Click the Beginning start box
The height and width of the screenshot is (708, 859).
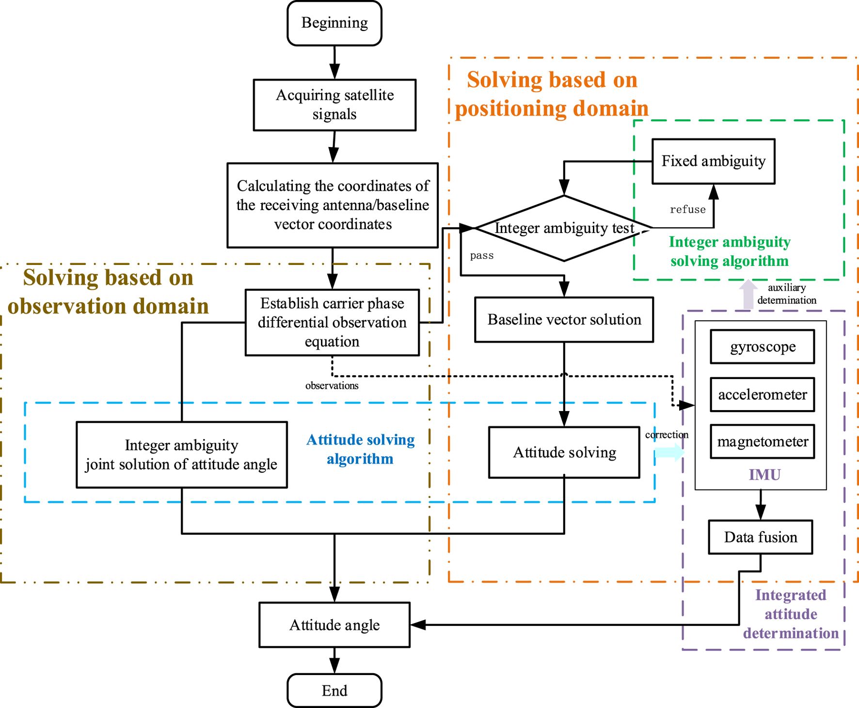[334, 23]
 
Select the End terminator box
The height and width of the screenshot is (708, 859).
[334, 690]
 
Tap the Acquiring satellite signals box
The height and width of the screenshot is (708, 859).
[334, 105]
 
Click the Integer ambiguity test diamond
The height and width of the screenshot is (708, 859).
[564, 228]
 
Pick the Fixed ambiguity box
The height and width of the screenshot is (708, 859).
[713, 161]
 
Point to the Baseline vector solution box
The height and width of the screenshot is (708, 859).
[564, 320]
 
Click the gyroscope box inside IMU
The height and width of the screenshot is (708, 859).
[762, 346]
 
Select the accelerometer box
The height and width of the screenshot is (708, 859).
[762, 394]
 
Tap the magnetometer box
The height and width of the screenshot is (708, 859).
[762, 442]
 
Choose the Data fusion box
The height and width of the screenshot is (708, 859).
[760, 537]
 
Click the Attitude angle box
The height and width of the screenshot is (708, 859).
[334, 625]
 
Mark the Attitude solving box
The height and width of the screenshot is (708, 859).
[564, 452]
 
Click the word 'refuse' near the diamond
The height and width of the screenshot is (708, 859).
[687, 210]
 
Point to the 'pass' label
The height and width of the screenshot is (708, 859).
[481, 256]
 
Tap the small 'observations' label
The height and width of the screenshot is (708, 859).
[332, 386]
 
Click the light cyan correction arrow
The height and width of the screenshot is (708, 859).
[669, 453]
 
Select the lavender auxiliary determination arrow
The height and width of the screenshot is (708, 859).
[748, 294]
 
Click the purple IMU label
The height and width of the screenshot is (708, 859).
[764, 475]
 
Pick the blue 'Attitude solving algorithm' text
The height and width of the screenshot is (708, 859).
[360, 449]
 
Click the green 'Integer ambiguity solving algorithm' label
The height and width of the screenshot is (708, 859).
[729, 251]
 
